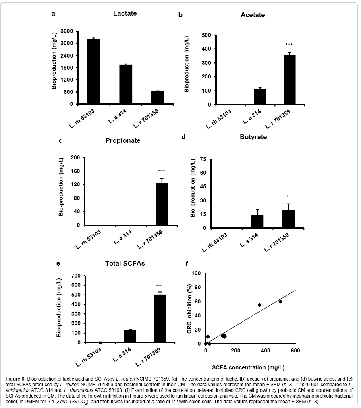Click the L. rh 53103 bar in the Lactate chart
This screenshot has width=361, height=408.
93,72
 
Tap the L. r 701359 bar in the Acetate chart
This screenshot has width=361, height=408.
289,79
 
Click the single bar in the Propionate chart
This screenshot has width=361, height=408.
162,204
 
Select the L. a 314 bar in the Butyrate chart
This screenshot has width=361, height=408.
257,221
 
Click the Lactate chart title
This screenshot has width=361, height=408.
125,13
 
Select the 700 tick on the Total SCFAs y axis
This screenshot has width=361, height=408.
76,276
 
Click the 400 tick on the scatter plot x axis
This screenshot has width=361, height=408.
265,351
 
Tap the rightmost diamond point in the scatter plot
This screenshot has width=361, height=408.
280,301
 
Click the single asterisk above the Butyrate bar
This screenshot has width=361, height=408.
288,197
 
